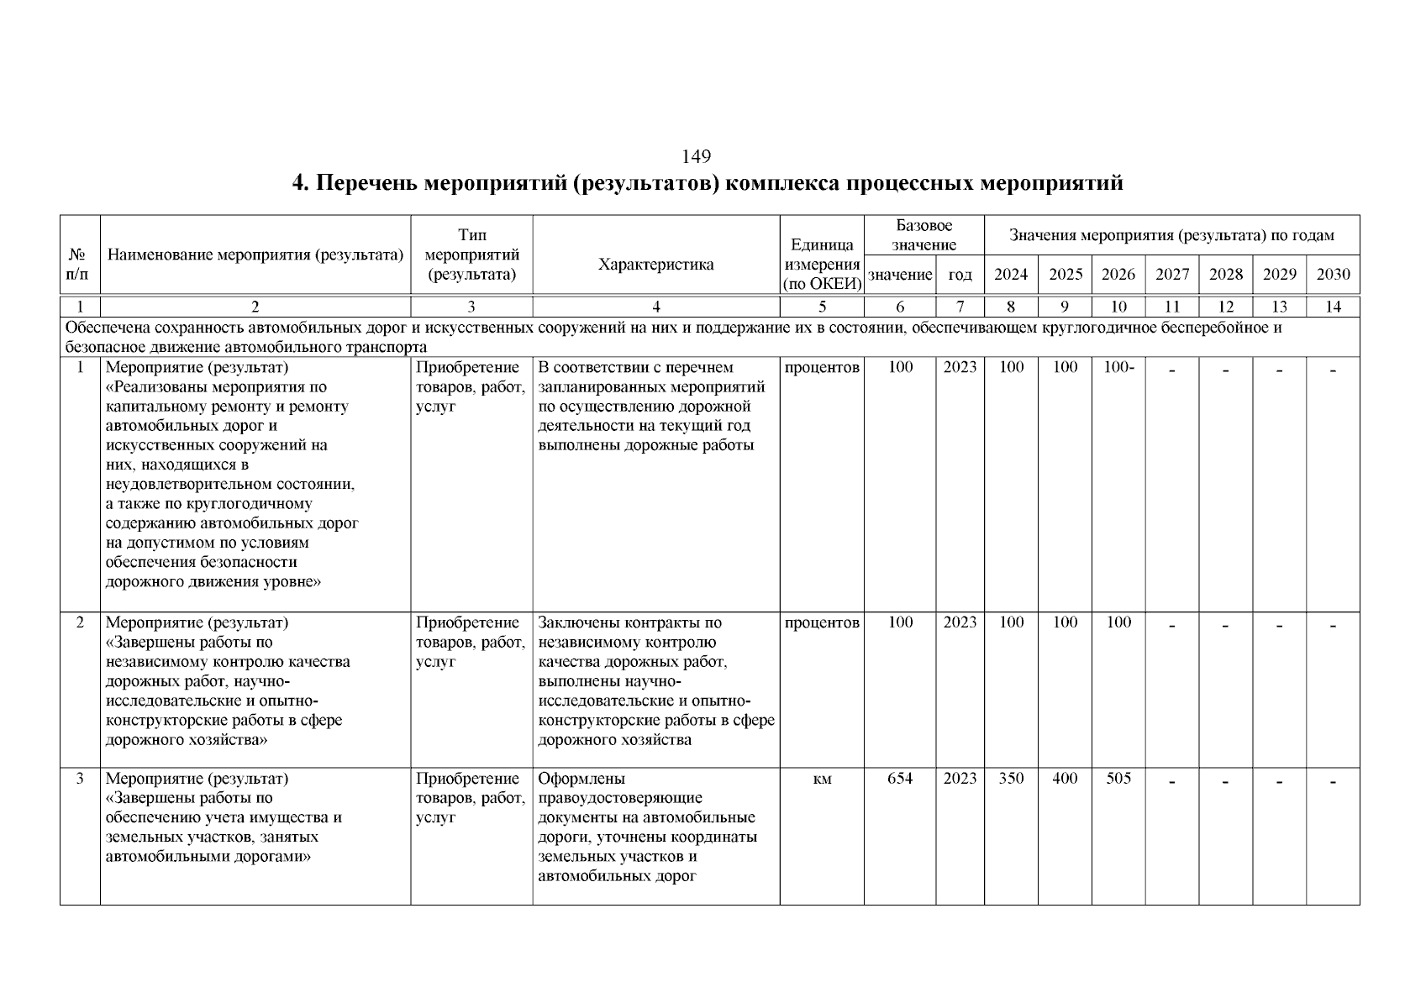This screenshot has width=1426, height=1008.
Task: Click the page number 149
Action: point(697,156)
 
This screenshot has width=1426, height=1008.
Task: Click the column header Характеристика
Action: point(655,265)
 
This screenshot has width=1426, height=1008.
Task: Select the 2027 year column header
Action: point(1172,275)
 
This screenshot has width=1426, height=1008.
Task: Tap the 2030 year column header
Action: point(1333,275)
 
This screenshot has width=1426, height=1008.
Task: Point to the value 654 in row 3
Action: point(900,779)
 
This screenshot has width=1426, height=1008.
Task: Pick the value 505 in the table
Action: point(1118,779)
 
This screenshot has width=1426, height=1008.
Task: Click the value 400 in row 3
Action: point(1065,779)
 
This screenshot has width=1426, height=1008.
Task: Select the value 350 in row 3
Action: point(1011,779)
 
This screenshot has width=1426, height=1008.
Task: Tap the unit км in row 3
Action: point(822,780)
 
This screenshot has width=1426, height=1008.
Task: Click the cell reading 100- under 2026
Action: point(1118,367)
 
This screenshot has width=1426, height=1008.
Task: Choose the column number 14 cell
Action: point(1333,307)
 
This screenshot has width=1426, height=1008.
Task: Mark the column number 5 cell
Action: point(822,307)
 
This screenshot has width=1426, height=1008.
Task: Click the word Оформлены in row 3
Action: point(581,779)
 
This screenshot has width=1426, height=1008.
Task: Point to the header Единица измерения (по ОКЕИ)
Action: point(822,265)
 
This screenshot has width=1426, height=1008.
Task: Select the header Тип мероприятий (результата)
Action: point(471,255)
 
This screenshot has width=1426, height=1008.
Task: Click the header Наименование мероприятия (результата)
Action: point(255,255)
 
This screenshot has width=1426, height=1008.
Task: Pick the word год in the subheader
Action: point(960,275)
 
